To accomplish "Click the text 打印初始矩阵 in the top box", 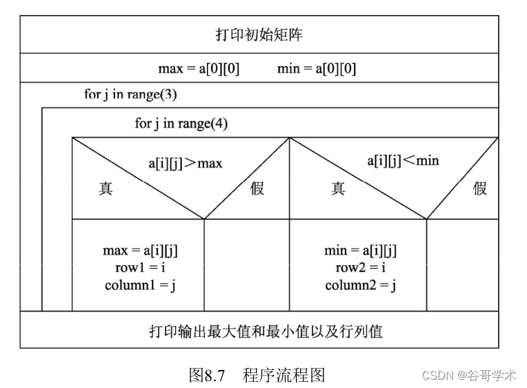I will click(x=259, y=35).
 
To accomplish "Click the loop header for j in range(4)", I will click(x=181, y=124).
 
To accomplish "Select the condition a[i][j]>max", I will click(x=186, y=164).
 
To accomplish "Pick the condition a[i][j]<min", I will click(x=403, y=161).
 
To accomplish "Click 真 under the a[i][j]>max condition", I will click(x=106, y=188).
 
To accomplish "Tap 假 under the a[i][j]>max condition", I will click(x=257, y=188).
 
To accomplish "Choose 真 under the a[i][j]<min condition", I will click(x=338, y=188).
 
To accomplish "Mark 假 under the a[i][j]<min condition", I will click(x=480, y=188).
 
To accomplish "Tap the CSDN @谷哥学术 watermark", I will click(x=469, y=376).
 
